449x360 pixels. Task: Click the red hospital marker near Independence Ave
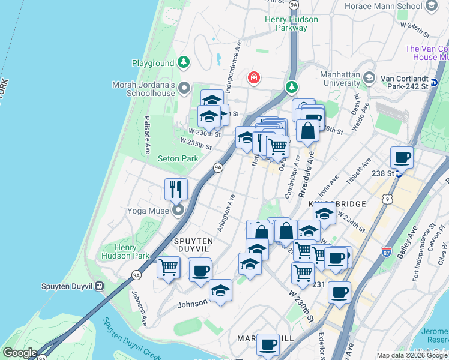254,78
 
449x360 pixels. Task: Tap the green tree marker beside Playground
184,62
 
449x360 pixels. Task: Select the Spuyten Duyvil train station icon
100,286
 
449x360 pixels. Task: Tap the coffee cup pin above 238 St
402,157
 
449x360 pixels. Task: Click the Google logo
20,353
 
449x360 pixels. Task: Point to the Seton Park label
178,159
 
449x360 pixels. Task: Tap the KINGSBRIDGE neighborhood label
337,205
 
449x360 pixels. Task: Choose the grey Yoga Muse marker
178,210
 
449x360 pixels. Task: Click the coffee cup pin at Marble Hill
268,344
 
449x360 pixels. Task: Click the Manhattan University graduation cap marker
369,78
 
